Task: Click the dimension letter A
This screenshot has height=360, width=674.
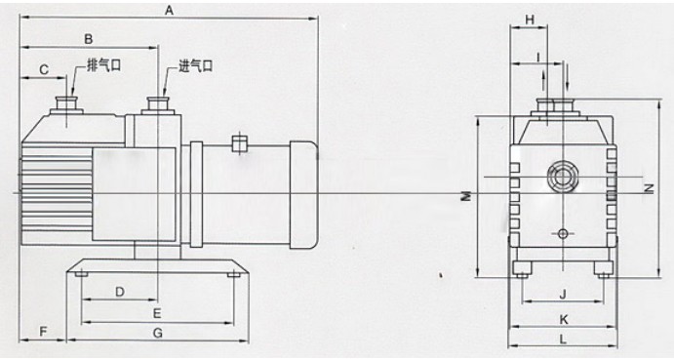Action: (169, 11)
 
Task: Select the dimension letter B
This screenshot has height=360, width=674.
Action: (88, 39)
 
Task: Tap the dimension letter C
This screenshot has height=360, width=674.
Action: (44, 69)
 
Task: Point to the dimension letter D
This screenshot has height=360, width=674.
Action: (120, 292)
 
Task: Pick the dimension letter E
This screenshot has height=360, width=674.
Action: (157, 313)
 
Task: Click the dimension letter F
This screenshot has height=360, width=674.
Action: (43, 332)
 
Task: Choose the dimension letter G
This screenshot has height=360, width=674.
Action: (158, 333)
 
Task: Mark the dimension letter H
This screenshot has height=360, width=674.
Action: (530, 20)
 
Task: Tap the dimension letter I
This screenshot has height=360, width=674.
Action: (537, 56)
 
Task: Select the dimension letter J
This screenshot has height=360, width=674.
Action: (563, 295)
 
